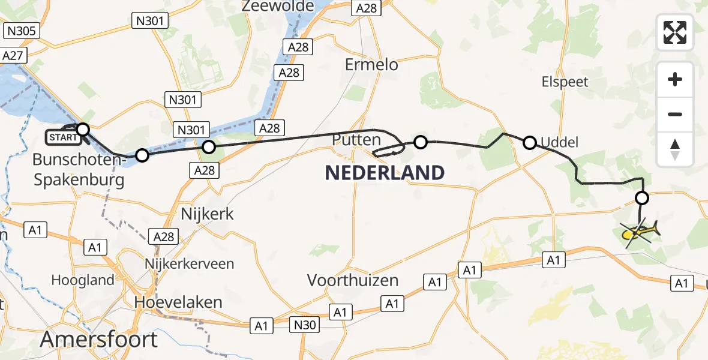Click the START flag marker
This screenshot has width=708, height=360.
(63, 137)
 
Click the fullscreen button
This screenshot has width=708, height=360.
(675, 32)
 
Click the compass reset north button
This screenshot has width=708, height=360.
(675, 149)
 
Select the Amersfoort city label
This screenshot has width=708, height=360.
(99, 339)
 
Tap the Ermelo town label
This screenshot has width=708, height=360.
(371, 64)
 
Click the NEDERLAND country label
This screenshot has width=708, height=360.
(385, 173)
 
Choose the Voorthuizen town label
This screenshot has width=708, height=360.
(353, 280)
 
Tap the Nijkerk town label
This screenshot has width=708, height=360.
(207, 214)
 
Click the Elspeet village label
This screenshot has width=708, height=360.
(565, 82)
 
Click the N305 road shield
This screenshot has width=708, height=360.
(20, 31)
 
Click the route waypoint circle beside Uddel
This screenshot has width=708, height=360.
(530, 143)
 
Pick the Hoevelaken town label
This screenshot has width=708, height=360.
(179, 302)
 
